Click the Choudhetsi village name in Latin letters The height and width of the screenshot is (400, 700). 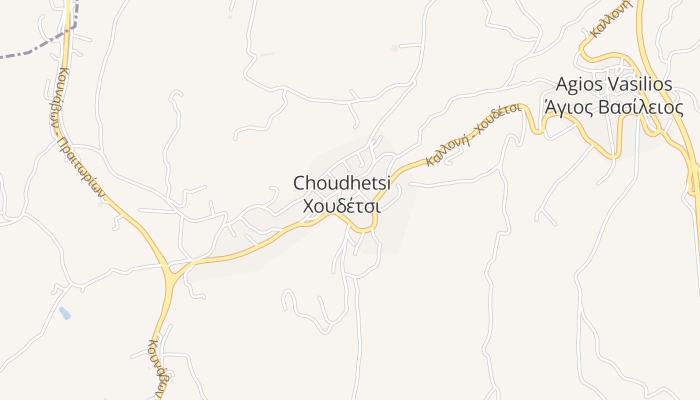click(x=341, y=183)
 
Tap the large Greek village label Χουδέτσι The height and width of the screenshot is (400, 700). click(x=341, y=206)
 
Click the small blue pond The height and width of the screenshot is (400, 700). click(x=65, y=313)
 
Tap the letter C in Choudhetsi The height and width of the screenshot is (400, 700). click(x=299, y=183)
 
